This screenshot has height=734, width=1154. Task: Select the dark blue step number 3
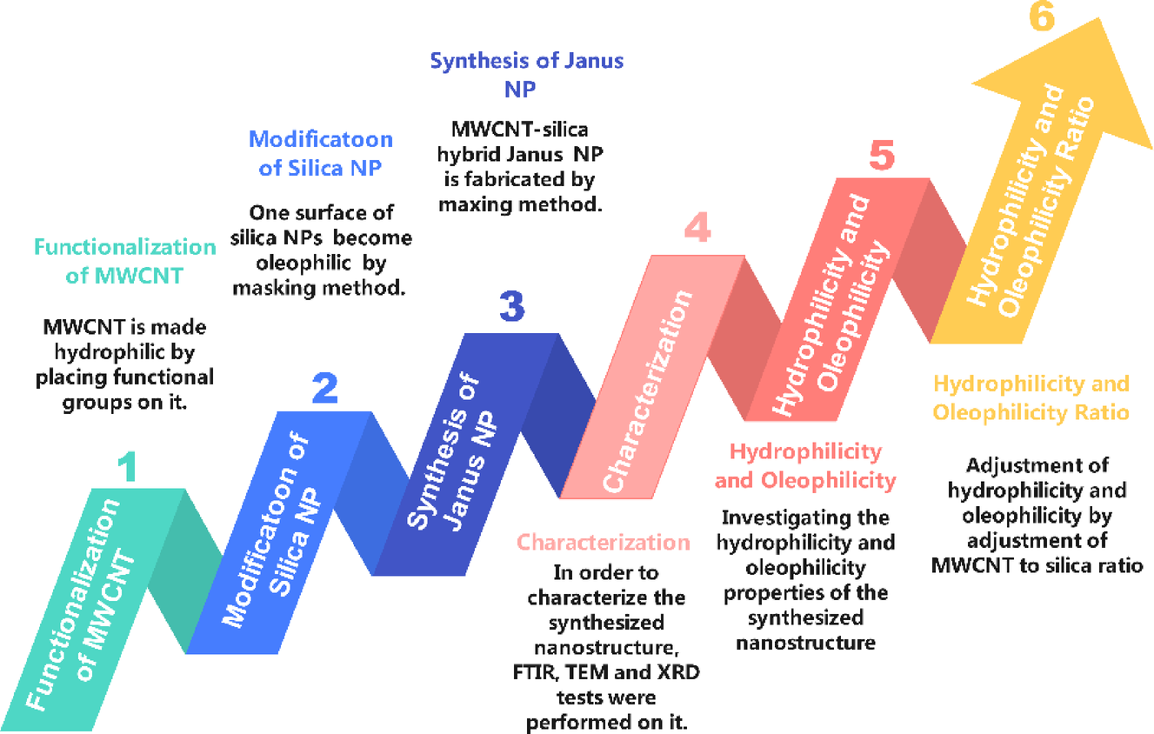[x=511, y=307]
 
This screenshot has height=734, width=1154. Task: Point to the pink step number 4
[x=697, y=228]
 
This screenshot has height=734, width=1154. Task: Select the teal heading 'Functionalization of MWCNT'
[x=125, y=261]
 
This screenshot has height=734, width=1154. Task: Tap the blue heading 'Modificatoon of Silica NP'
[x=320, y=153]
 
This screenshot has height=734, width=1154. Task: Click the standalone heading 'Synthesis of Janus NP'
[x=527, y=75]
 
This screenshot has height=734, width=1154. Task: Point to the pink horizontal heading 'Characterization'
[x=604, y=543]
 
